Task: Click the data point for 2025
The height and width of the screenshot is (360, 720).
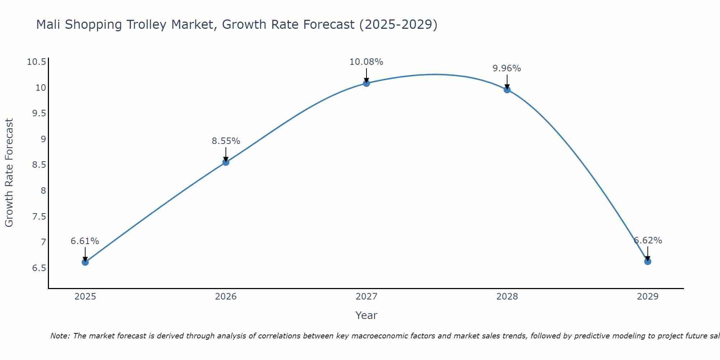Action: pos(85,262)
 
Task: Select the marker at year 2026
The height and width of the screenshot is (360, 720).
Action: pos(226,162)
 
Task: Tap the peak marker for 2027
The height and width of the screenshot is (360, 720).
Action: pos(366,83)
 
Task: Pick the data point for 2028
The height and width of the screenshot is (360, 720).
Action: pos(507,90)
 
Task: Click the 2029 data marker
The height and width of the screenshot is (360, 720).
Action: pos(648,261)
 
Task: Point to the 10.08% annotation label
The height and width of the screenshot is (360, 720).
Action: pos(366,62)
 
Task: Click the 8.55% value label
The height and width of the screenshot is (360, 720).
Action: pos(226,141)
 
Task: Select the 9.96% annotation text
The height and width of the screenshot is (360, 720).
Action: pos(507,68)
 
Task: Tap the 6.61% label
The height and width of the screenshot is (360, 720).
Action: pos(85,241)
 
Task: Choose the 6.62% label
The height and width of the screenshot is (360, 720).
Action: pos(648,240)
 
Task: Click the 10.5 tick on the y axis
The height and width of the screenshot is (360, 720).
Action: pos(37,62)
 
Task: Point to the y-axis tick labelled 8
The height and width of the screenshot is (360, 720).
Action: pos(44,190)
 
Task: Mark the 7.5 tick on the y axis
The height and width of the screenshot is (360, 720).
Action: pos(39,216)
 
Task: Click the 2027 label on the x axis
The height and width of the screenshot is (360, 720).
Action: pos(366,297)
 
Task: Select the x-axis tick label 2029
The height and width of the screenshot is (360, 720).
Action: pos(648,297)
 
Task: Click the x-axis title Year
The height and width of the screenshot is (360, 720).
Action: pos(366,315)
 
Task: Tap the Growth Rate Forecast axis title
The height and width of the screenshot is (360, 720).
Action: pos(9,173)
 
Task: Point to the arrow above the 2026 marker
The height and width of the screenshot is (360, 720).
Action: pos(226,154)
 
